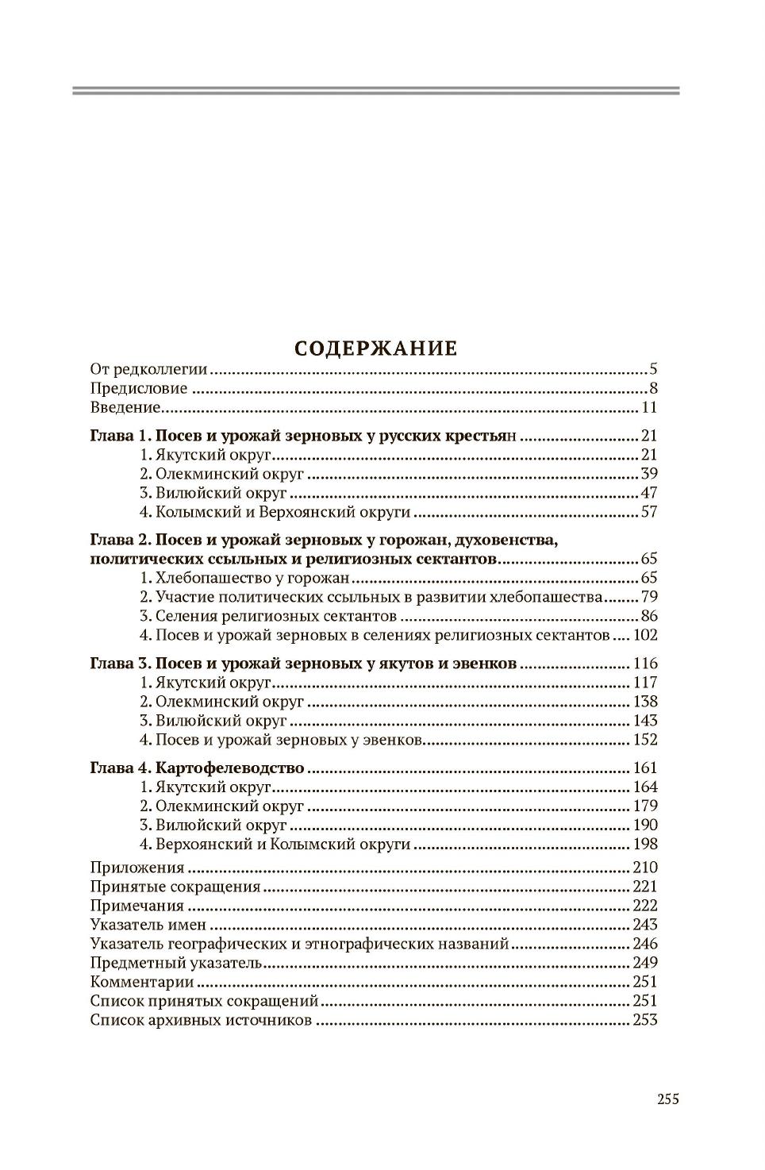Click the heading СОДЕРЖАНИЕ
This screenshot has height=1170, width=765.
click(x=375, y=348)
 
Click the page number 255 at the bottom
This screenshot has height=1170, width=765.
click(x=667, y=1099)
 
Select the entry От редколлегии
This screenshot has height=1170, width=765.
click(x=148, y=369)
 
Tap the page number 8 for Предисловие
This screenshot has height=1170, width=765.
click(x=653, y=388)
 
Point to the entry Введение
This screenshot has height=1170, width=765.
click(x=125, y=408)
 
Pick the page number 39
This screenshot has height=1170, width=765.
click(x=648, y=474)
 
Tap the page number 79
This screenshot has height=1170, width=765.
click(x=648, y=597)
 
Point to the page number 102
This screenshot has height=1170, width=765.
click(x=645, y=635)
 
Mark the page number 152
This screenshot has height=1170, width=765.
click(x=645, y=740)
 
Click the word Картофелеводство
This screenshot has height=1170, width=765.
click(x=230, y=768)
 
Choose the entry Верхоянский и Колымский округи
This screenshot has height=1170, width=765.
click(x=283, y=844)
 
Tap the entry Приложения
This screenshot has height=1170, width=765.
click(x=137, y=868)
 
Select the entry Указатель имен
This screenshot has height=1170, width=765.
click(x=148, y=925)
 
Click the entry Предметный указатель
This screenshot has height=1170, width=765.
click(x=175, y=963)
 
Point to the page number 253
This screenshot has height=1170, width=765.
click(x=645, y=1021)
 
